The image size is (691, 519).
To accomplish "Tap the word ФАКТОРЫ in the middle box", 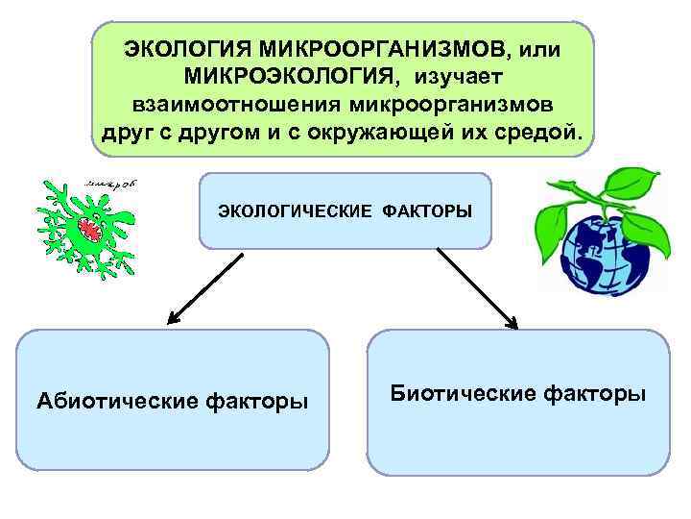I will click(427, 210).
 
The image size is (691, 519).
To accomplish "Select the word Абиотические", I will click(116, 400).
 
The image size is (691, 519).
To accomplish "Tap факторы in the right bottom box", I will click(599, 393).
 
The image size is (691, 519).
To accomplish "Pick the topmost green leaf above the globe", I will click(636, 180).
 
